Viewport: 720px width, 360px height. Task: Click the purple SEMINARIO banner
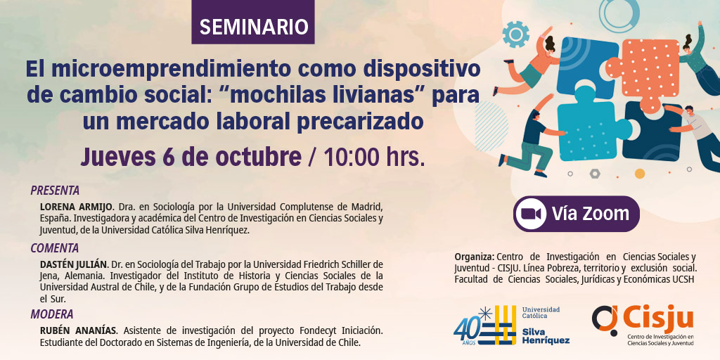253,22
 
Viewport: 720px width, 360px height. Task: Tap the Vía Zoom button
577,214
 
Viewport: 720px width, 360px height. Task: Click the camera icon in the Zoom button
531,214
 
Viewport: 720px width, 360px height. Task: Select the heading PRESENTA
55,190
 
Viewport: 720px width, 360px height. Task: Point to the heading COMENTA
55,248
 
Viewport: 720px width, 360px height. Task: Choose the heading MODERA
52,314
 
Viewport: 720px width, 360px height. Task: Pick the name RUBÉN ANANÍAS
79,330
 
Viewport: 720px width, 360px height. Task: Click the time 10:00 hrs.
372,157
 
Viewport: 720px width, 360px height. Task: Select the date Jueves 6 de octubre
191,157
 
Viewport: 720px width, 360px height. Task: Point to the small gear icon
515,34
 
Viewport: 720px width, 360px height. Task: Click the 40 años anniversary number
466,329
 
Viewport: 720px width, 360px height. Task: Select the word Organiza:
475,256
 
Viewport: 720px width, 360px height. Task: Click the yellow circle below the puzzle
640,174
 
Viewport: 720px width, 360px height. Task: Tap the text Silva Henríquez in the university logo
546,335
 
